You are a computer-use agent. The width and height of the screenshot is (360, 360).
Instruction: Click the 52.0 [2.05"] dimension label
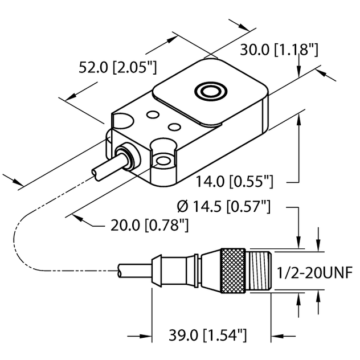point(117,68)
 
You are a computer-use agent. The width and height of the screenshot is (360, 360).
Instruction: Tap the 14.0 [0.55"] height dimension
point(235,182)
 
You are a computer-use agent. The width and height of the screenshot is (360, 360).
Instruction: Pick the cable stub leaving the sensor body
point(102,169)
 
